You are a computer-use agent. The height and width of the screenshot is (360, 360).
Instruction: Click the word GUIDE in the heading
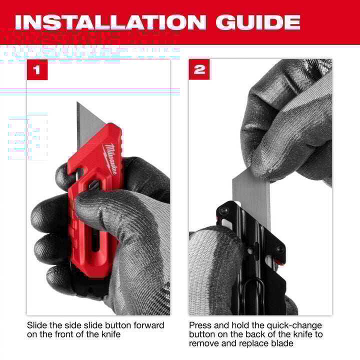pos(257,22)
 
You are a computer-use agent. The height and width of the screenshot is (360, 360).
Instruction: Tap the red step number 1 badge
pos(37,69)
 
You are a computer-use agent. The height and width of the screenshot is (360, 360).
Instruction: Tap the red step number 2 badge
pos(199,69)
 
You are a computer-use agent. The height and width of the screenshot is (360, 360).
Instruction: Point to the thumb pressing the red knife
pos(100,200)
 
